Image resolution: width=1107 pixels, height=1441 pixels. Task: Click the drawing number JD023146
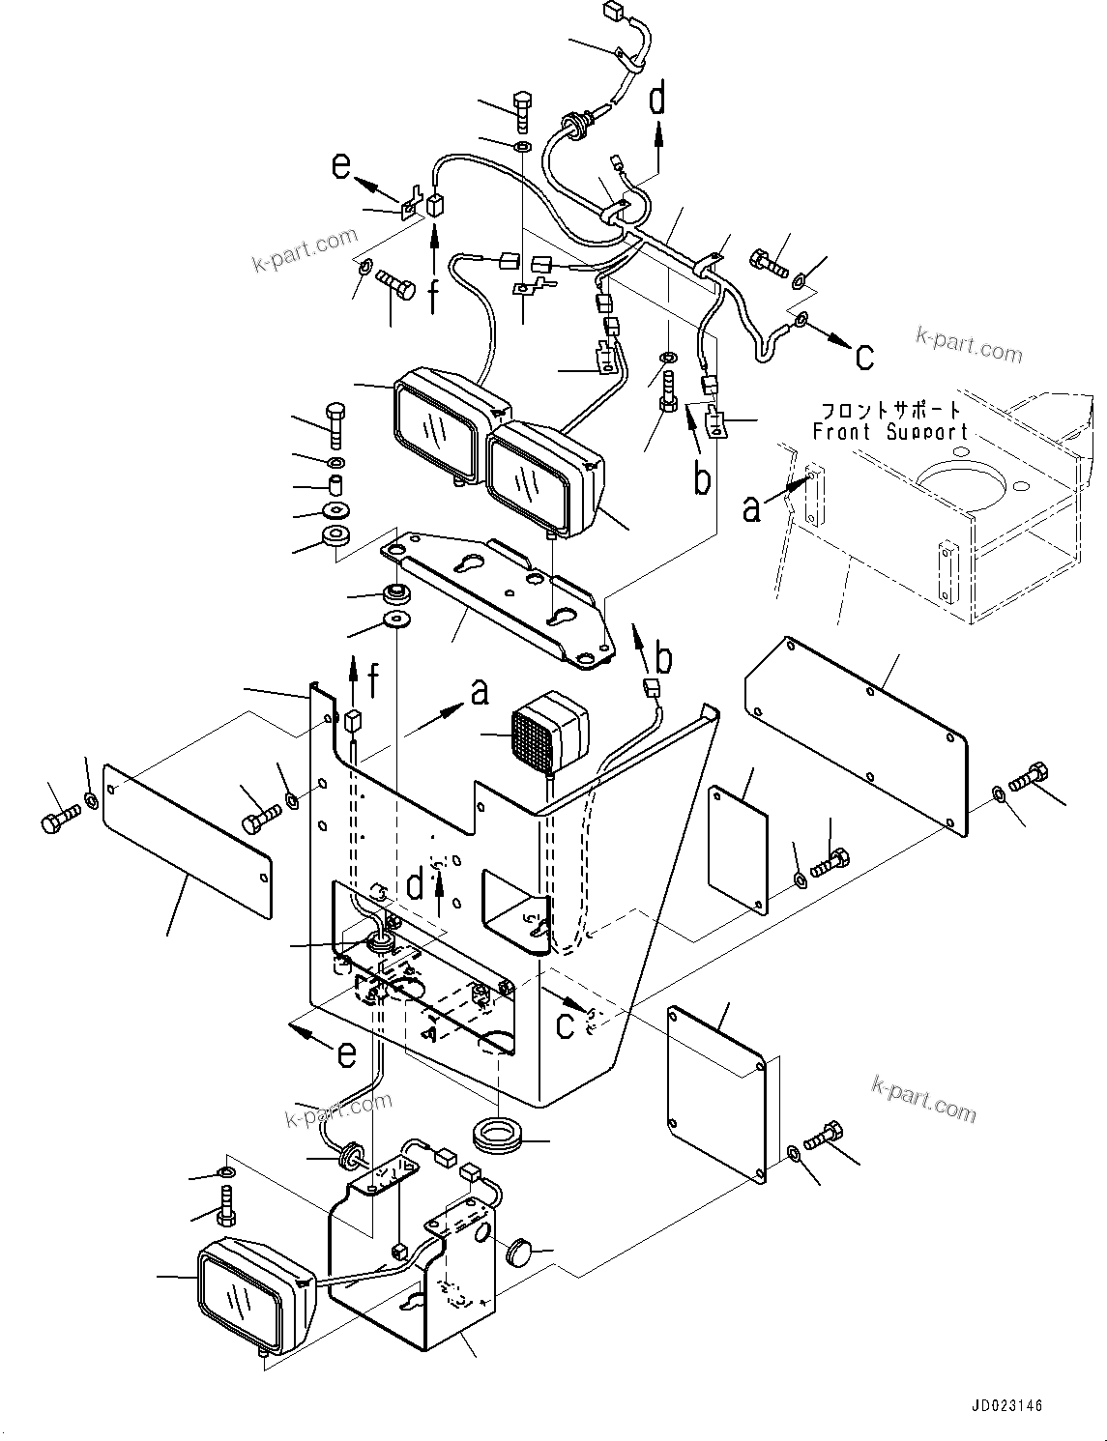click(1001, 1406)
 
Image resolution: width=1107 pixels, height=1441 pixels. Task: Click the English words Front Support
click(889, 432)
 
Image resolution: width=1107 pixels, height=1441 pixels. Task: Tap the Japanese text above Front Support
click(890, 410)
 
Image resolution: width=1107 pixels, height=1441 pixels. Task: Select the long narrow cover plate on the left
click(187, 840)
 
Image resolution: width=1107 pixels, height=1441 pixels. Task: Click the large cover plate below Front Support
click(857, 735)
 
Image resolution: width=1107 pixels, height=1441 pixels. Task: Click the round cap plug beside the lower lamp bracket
click(522, 1250)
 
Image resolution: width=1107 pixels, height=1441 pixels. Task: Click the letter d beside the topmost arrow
click(657, 99)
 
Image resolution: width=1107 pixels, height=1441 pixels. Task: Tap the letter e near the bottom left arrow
click(345, 1055)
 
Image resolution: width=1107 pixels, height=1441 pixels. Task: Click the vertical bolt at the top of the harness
click(521, 112)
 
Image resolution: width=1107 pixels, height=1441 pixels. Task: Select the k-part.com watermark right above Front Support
click(969, 346)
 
